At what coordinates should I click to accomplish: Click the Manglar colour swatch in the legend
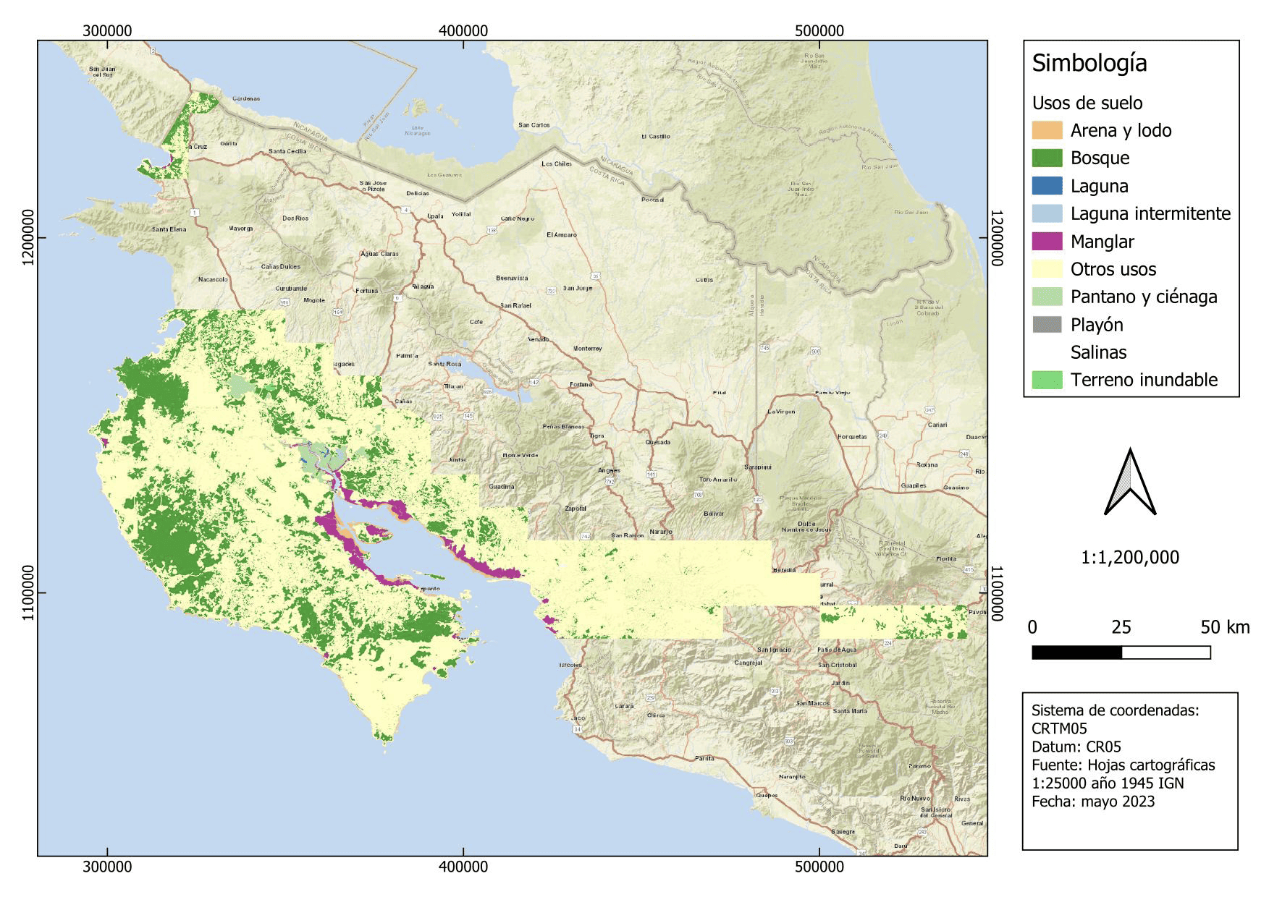pyautogui.click(x=1047, y=241)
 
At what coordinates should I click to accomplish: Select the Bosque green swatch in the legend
pyautogui.click(x=1047, y=158)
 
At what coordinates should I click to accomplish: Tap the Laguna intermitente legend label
pyautogui.click(x=1150, y=213)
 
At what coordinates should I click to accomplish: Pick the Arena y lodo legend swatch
pyautogui.click(x=1047, y=130)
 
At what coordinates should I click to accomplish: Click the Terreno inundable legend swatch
pyautogui.click(x=1047, y=380)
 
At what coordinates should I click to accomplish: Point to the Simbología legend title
pyautogui.click(x=1089, y=63)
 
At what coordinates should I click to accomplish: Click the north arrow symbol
pyautogui.click(x=1129, y=482)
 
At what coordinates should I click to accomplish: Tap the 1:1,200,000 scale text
pyautogui.click(x=1129, y=557)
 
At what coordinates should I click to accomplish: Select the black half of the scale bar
pyautogui.click(x=1076, y=652)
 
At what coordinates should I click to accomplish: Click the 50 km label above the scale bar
pyautogui.click(x=1224, y=627)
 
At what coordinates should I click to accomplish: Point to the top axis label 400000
pyautogui.click(x=463, y=31)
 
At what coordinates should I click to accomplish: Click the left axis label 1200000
pyautogui.click(x=28, y=237)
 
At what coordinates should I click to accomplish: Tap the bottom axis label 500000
pyautogui.click(x=819, y=867)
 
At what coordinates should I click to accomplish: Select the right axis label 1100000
pyautogui.click(x=996, y=592)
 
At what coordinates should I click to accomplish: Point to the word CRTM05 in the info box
pyautogui.click(x=1058, y=728)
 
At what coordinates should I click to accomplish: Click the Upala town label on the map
pyautogui.click(x=435, y=216)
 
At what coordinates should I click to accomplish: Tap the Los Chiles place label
pyautogui.click(x=556, y=164)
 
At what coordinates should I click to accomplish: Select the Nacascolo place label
pyautogui.click(x=213, y=279)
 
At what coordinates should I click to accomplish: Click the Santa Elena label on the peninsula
pyautogui.click(x=169, y=229)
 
